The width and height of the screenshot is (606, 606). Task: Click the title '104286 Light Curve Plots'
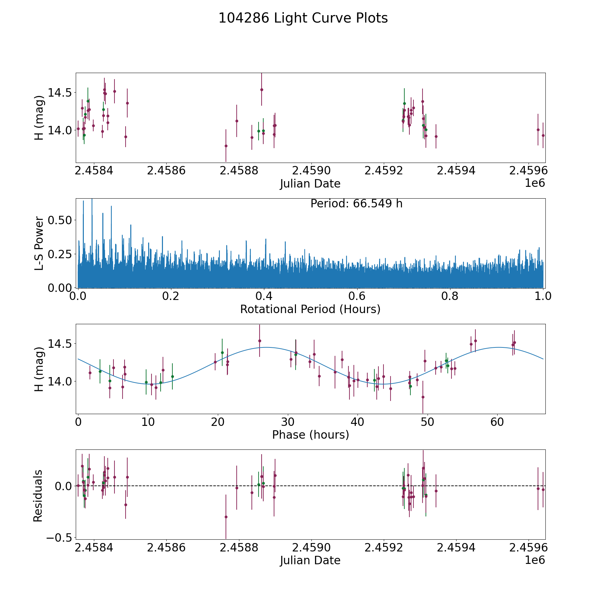pos(303,18)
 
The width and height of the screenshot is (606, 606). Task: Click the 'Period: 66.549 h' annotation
pos(356,204)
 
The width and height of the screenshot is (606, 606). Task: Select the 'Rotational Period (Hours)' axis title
pos(310,309)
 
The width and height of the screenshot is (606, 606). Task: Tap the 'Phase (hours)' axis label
pos(310,435)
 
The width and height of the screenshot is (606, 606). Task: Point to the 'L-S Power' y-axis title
pos(39,243)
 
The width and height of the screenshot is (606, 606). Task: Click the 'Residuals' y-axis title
pos(38,496)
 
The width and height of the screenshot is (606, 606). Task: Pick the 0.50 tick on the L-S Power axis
pos(60,220)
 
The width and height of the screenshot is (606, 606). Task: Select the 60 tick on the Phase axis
pos(497,422)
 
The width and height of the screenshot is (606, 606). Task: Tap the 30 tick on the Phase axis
pos(288,422)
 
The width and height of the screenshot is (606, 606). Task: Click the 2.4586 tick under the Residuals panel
pos(166,548)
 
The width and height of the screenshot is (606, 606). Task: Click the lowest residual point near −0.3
pos(226,517)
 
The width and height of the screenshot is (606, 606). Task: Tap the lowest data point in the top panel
pos(226,146)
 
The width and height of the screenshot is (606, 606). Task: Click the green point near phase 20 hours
pos(222,352)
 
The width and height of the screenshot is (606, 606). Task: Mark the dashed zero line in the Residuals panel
pos(337,486)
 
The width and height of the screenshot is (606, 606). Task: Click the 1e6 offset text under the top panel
pos(535,183)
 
